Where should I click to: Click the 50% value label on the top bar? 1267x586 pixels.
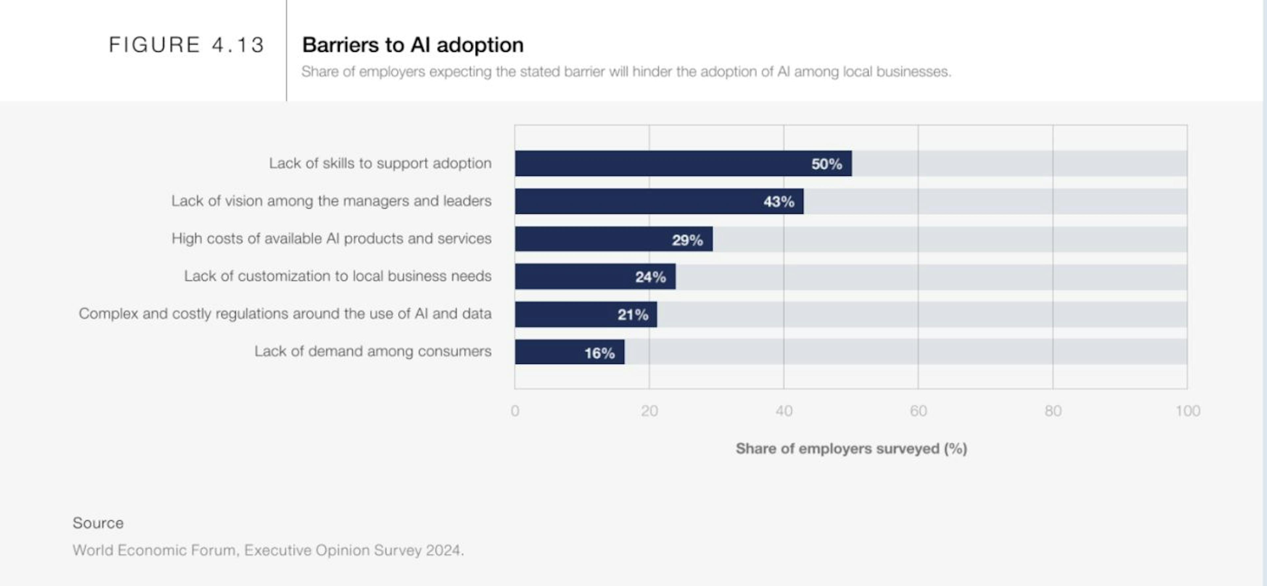click(826, 164)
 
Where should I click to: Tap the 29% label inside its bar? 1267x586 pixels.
click(687, 240)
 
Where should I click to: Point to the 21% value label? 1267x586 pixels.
click(633, 315)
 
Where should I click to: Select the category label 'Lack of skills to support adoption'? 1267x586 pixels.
click(380, 163)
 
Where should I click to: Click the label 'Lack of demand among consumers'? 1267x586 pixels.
click(372, 351)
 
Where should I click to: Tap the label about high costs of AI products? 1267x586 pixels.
click(331, 238)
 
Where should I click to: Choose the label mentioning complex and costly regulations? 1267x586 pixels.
click(285, 314)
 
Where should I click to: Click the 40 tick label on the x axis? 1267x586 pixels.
click(784, 411)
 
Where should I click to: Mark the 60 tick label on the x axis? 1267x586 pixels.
click(918, 411)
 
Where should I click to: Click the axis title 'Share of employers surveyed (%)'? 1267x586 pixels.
click(851, 448)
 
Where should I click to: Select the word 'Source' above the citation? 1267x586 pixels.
click(98, 523)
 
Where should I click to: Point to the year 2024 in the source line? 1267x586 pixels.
click(444, 550)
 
